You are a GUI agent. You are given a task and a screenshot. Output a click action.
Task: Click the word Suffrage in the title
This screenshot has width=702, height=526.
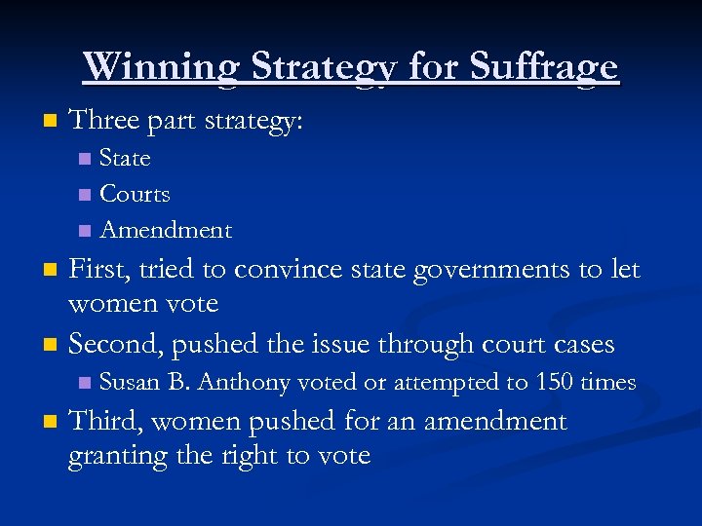544,66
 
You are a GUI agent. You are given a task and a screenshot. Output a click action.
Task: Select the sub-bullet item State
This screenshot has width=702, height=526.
125,158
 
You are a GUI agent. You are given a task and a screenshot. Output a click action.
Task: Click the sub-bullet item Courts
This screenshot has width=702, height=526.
135,194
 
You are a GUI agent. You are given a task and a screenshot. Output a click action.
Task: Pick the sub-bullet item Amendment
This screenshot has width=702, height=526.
166,230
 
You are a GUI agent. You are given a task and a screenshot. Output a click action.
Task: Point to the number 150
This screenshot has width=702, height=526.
554,383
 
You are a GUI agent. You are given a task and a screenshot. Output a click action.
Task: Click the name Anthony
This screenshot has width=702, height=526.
244,383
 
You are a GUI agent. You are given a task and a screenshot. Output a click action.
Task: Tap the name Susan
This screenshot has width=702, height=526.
131,383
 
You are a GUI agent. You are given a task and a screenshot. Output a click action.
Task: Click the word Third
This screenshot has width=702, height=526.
103,421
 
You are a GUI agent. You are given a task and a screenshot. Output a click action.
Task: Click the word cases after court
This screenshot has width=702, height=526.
581,345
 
